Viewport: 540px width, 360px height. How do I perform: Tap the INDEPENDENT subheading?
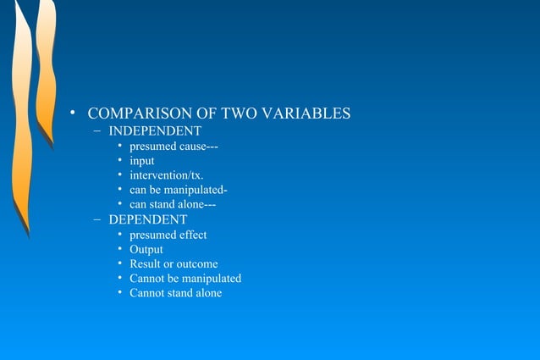[155, 131]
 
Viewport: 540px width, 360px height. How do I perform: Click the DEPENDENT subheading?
[148, 219]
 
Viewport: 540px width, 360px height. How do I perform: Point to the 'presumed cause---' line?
[174, 146]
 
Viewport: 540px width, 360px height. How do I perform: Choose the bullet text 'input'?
[142, 161]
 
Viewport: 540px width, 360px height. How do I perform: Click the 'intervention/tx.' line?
[166, 175]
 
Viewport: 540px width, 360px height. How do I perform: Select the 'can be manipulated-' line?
[178, 190]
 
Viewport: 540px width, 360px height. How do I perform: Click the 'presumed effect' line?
[168, 235]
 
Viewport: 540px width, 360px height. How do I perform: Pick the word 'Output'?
[146, 249]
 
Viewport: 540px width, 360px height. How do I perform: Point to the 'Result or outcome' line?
[174, 263]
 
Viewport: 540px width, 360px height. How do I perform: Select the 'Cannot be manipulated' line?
[185, 278]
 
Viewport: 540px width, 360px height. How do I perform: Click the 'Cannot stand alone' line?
[176, 293]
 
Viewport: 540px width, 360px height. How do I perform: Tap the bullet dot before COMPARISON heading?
[74, 114]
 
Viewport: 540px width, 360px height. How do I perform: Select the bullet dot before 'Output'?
[120, 249]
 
